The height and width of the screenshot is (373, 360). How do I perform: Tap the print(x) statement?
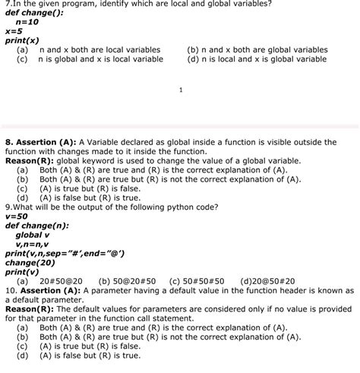tap(22, 41)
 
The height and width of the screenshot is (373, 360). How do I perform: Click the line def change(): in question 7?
tap(35, 13)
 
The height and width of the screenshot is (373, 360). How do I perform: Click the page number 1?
tap(180, 90)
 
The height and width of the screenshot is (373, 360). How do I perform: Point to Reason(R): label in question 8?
tap(29, 161)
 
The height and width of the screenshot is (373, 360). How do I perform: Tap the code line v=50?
tap(17, 216)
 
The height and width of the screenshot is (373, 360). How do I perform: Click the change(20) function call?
tap(30, 262)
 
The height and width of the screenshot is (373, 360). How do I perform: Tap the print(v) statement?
tap(22, 271)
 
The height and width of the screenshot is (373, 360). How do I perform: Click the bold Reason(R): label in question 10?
tap(29, 309)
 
